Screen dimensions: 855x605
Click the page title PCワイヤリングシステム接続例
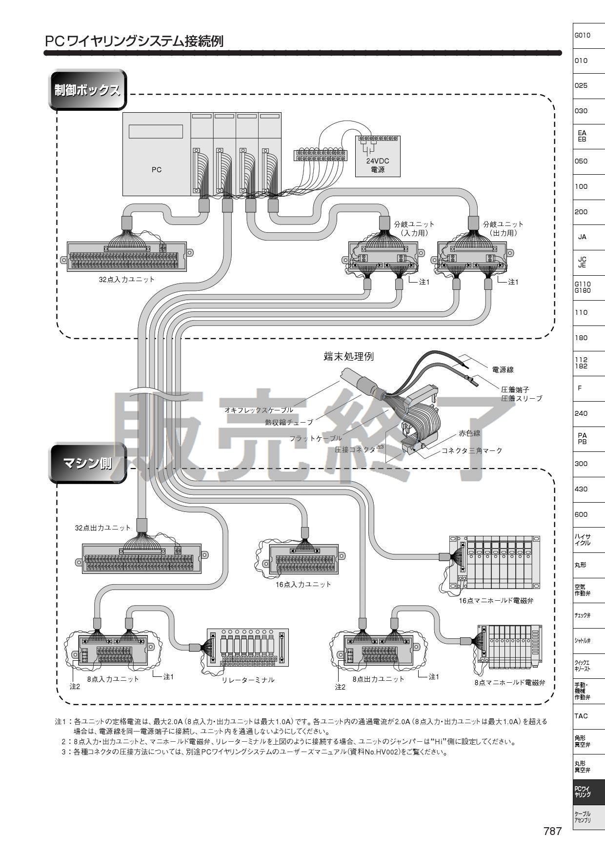tap(134, 41)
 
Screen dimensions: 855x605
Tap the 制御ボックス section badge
tap(87, 90)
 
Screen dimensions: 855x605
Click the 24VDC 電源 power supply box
tap(377, 156)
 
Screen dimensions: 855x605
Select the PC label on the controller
tap(156, 170)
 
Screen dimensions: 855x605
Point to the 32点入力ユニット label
tap(126, 280)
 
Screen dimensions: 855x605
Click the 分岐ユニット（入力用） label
tap(414, 228)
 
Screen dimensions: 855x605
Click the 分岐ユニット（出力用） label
tap(503, 228)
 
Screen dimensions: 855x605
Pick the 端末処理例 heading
tap(348, 356)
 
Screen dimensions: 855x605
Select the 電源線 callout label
tap(503, 370)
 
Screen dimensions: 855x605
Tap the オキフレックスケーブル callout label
tap(259, 410)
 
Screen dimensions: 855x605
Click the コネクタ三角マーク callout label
tap(471, 450)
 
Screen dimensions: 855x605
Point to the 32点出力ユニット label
tap(102, 528)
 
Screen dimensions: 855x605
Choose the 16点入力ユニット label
tap(303, 584)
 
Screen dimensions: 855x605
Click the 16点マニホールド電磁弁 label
tap(496, 601)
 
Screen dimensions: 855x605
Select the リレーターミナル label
tap(248, 680)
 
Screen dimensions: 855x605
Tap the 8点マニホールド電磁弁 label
tap(509, 683)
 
